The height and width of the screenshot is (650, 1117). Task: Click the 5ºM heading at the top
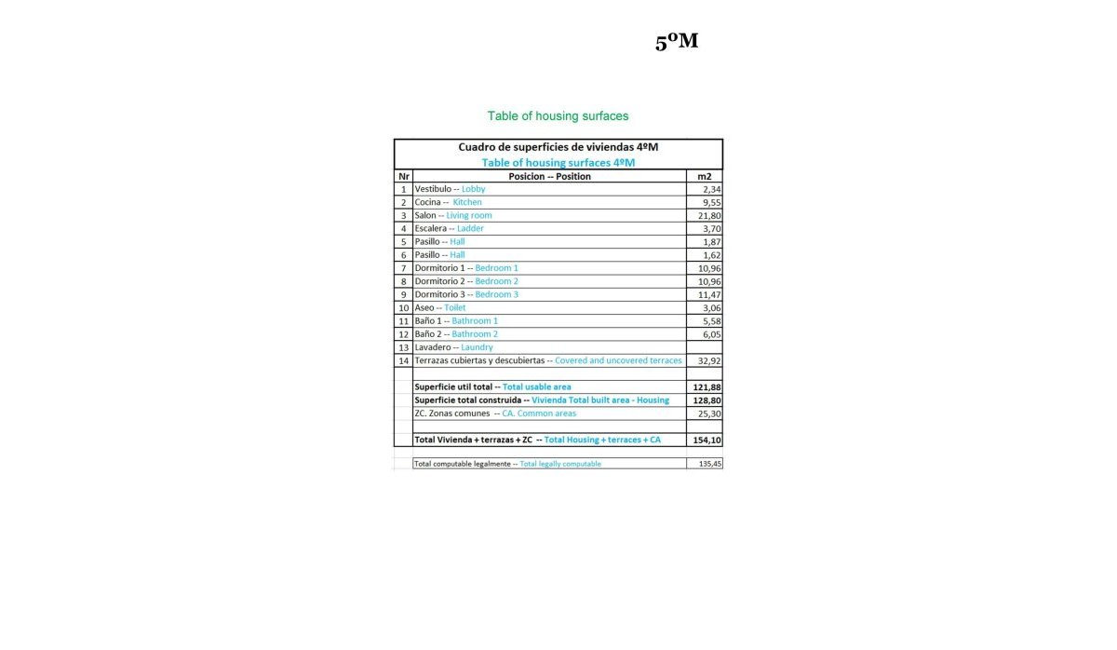pyautogui.click(x=677, y=42)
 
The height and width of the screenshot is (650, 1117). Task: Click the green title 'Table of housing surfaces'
pyautogui.click(x=558, y=116)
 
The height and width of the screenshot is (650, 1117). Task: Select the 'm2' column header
pyautogui.click(x=704, y=176)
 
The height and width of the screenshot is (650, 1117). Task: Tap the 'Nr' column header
pyautogui.click(x=403, y=176)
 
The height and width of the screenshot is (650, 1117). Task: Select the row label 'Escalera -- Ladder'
pyautogui.click(x=449, y=228)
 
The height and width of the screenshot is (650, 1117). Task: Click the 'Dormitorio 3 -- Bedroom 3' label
pyautogui.click(x=466, y=294)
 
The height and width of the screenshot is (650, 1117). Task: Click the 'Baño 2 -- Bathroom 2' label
pyautogui.click(x=456, y=333)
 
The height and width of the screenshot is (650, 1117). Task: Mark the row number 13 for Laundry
pyautogui.click(x=403, y=347)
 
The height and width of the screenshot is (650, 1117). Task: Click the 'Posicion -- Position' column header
pyautogui.click(x=549, y=176)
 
